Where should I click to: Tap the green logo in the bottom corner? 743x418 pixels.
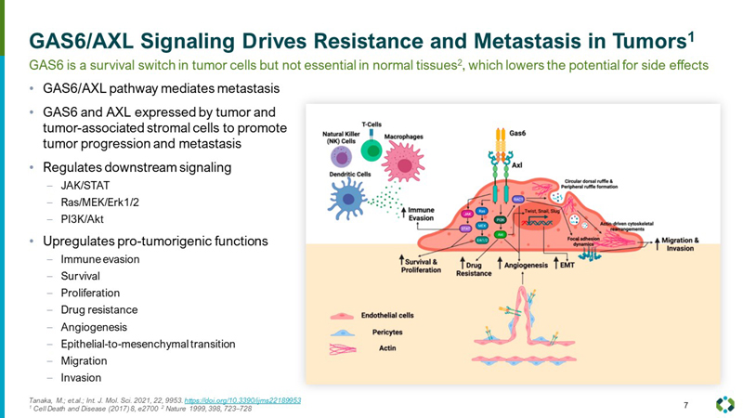coord(724,404)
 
